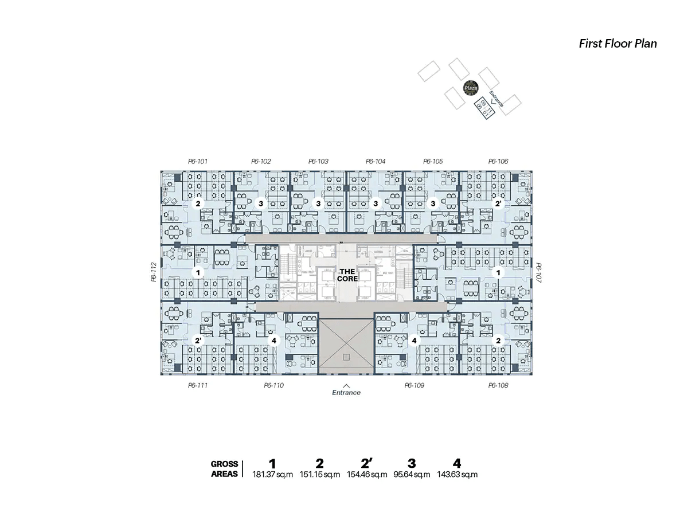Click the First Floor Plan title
pos(617,44)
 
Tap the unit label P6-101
pos(197,162)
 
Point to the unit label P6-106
pos(498,162)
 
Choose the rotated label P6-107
pos(538,272)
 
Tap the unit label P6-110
pos(273,385)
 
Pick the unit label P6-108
pos(498,385)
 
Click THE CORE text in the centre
pos(347,275)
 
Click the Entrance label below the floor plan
pos(346,393)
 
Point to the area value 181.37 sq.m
pos(272,475)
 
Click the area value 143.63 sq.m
pos(457,475)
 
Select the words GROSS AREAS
pos(224,469)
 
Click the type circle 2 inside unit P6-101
pos(198,204)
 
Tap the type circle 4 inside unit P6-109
pos(414,341)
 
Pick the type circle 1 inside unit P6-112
pos(198,273)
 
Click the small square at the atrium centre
pos(346,357)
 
